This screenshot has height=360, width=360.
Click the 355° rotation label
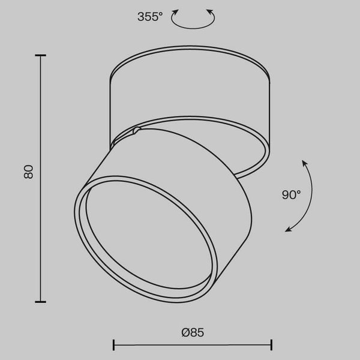pos(150,17)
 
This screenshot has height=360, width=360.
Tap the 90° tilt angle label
pos(291,194)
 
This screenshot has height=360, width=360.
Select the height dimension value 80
pos(28,172)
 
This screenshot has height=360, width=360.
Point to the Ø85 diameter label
pos(193,332)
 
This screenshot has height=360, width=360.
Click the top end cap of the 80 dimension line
pos(41,55)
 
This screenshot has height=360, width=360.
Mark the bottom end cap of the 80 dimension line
pos(41,302)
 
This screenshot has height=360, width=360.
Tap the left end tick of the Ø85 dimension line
pos(113,345)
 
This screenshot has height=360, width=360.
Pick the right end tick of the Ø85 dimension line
pos(271,345)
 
